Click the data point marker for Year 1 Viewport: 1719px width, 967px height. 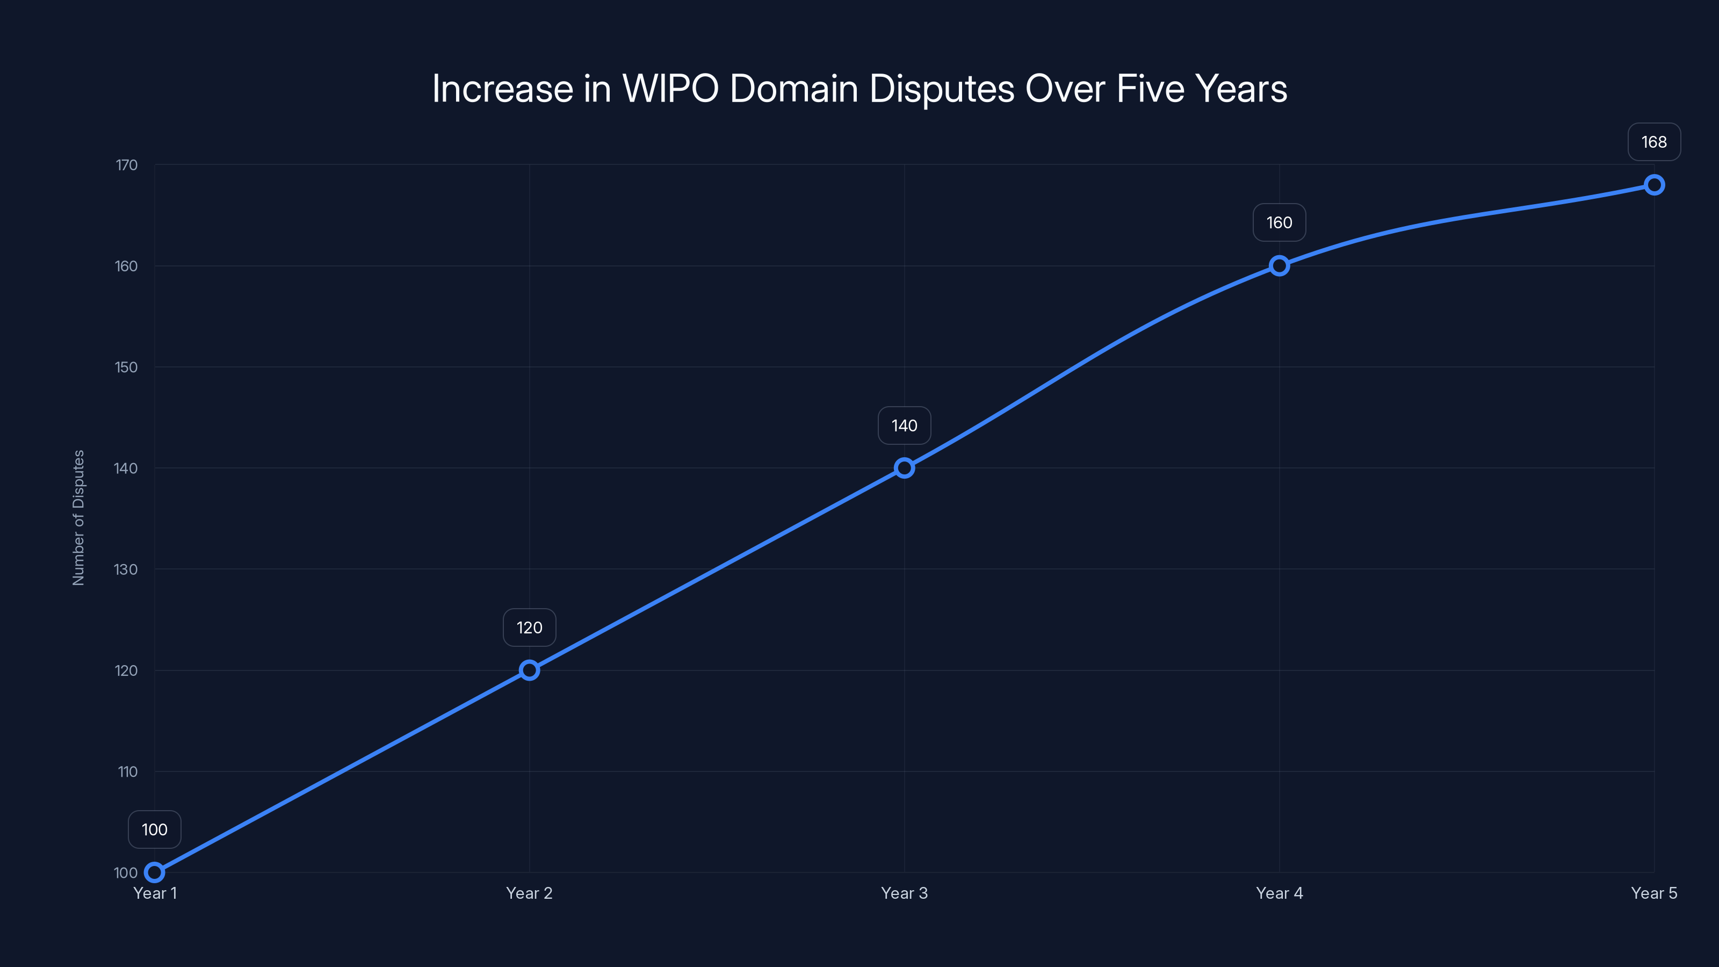[x=154, y=872]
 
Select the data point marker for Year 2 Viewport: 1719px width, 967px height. [x=529, y=670]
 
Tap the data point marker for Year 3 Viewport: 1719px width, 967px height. [x=904, y=468]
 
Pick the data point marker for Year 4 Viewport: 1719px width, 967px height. [x=1279, y=265]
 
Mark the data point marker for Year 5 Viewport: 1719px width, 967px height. [x=1655, y=185]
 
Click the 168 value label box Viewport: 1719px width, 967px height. [x=1655, y=142]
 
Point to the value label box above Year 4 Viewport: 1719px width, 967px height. [x=1279, y=223]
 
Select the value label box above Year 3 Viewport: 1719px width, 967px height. [x=904, y=426]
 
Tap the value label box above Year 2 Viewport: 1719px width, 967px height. [x=529, y=628]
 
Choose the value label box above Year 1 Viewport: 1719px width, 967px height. [x=154, y=829]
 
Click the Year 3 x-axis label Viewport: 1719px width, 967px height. [x=904, y=893]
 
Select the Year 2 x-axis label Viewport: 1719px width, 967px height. [x=529, y=893]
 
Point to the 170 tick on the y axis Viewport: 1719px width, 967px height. [x=126, y=165]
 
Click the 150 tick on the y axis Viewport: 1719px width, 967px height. [x=126, y=367]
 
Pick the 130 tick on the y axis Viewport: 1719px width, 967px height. [x=126, y=569]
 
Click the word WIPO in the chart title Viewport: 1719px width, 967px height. [x=670, y=88]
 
